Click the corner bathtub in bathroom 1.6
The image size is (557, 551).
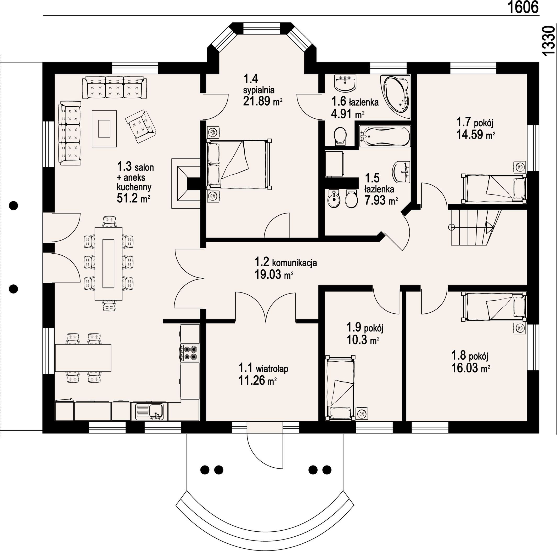coord(395,97)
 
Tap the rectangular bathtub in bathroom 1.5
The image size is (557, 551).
coord(385,136)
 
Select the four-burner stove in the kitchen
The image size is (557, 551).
coord(190,353)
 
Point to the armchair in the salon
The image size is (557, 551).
coord(141,126)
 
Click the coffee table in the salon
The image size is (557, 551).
coord(104,129)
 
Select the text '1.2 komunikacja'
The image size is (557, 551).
coord(286,262)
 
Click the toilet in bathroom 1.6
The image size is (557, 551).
coord(340,136)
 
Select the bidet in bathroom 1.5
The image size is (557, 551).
coord(334,198)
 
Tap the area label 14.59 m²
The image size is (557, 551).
coord(476,135)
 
